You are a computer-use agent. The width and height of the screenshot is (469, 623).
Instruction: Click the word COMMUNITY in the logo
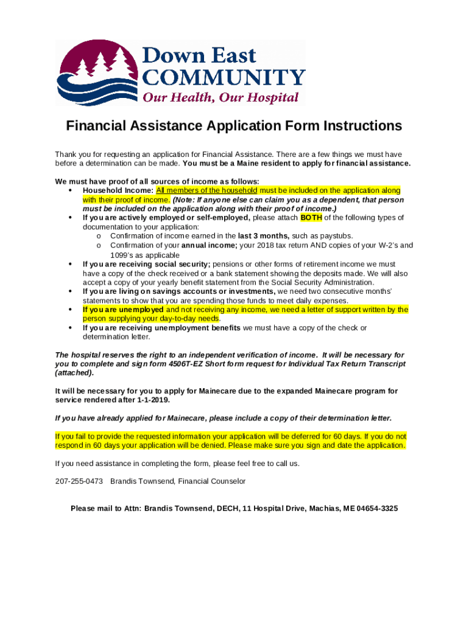(x=223, y=77)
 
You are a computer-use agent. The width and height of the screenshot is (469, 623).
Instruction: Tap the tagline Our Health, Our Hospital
(x=220, y=97)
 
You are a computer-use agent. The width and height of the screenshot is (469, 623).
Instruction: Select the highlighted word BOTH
(x=311, y=218)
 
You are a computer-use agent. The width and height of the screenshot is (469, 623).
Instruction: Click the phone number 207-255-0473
(x=79, y=481)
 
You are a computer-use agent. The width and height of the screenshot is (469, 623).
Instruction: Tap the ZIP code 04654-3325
(x=377, y=508)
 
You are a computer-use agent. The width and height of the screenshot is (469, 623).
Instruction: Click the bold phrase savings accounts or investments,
(x=217, y=291)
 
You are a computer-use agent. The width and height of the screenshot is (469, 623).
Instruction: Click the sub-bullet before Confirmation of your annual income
(x=99, y=246)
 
